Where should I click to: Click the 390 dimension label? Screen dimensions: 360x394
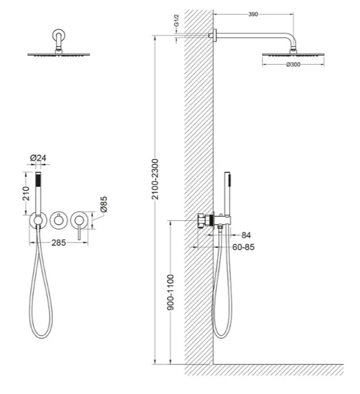(x=253, y=14)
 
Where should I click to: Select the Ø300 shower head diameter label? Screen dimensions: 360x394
(x=293, y=64)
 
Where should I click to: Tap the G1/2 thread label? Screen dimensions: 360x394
(x=177, y=21)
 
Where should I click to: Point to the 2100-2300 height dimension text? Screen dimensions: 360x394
(x=155, y=179)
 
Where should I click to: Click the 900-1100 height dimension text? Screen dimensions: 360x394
(x=171, y=293)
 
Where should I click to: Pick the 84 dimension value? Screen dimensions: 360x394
(x=246, y=235)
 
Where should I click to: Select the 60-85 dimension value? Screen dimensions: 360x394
(x=243, y=247)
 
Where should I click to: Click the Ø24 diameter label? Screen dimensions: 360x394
(x=38, y=158)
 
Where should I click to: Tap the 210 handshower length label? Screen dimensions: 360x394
(x=26, y=193)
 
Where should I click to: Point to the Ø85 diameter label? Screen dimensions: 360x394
(x=103, y=204)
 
